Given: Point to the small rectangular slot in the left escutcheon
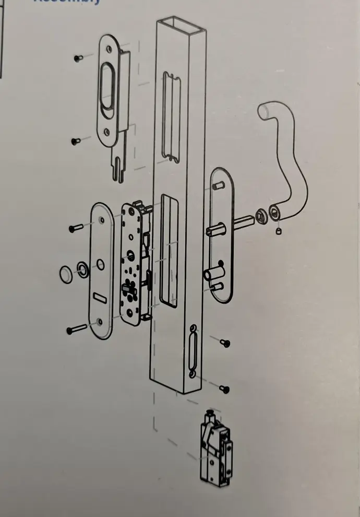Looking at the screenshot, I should (x=98, y=296).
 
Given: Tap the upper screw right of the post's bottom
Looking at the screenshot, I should (x=225, y=343).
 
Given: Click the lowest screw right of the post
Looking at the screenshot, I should (x=225, y=389).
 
